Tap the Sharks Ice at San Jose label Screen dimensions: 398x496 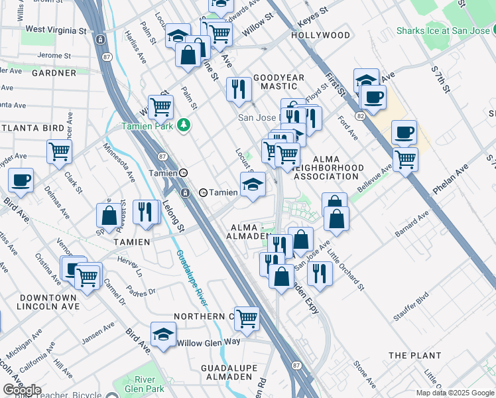coord(444,31)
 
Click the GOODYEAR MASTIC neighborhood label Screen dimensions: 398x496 coord(279,82)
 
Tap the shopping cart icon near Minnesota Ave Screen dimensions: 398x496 coord(60,151)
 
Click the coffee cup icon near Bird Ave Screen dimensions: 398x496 coord(21,180)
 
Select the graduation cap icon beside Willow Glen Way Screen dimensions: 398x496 coord(163,336)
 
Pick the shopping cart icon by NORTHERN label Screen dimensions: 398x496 coord(247,318)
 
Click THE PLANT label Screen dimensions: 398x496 coord(414,356)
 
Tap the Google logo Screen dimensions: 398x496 coord(22,390)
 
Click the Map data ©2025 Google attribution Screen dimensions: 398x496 coord(454,393)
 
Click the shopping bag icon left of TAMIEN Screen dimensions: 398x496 coord(109,216)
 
